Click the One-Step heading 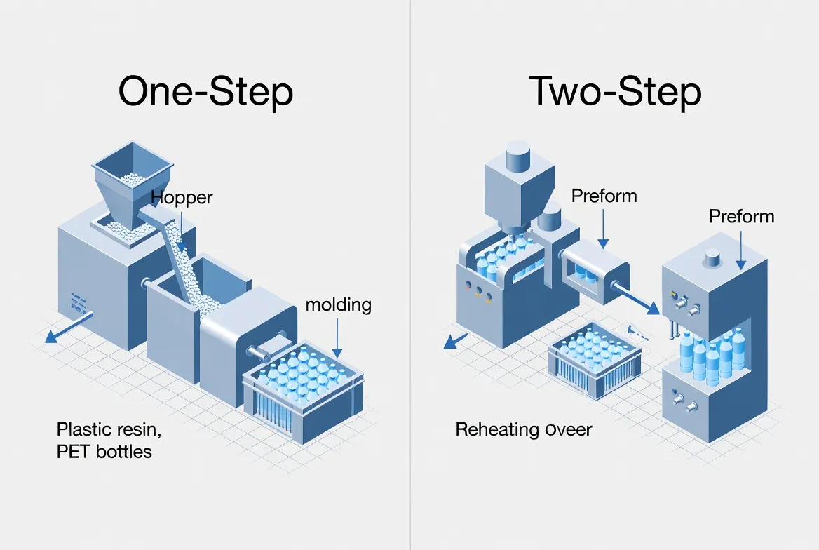[205, 92]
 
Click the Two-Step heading [614, 92]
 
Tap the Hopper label [182, 197]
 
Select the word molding [338, 305]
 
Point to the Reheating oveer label [523, 429]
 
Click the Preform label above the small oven [604, 195]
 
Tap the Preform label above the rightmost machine [741, 215]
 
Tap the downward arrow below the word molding [338, 336]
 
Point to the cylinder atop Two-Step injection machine [515, 154]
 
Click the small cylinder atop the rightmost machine [713, 258]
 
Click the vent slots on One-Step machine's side [78, 302]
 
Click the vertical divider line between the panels [410, 275]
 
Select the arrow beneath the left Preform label [603, 229]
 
